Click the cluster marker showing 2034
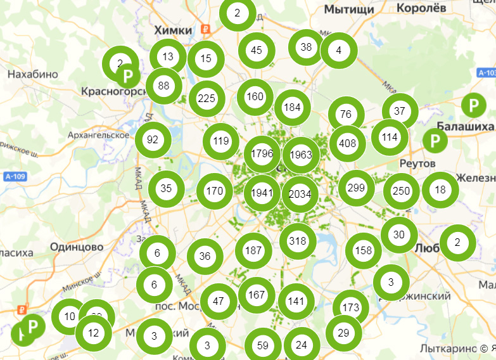tap(300, 194)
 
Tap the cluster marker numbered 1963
tap(301, 155)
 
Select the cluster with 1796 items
tap(262, 154)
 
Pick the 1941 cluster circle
tap(262, 193)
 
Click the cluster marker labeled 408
tap(347, 144)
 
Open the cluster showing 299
tap(356, 188)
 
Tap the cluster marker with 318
tap(297, 241)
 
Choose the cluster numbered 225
tap(207, 99)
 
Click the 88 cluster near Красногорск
tap(164, 86)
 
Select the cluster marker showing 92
tap(153, 140)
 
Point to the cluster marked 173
tap(350, 308)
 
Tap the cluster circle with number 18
tap(440, 190)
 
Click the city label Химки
tap(172, 30)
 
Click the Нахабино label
tap(32, 74)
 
